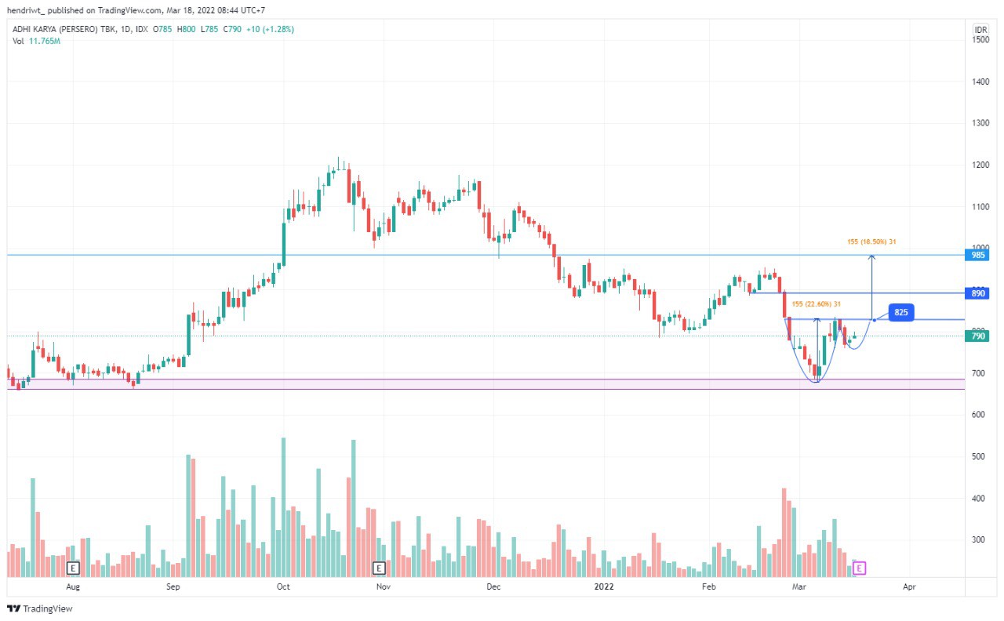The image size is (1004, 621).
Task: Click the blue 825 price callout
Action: point(901,312)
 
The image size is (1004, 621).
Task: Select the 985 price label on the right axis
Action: point(980,256)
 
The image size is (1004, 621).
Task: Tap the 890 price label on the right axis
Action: point(980,293)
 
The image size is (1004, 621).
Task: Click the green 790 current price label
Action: point(980,336)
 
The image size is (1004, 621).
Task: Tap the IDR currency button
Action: point(980,30)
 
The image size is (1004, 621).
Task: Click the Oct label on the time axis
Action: point(283,586)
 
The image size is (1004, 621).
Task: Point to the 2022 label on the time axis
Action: point(604,586)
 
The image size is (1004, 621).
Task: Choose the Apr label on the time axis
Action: point(909,586)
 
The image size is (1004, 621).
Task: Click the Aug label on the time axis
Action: point(73,586)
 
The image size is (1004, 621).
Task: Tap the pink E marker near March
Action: point(860,568)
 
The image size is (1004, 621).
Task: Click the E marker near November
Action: point(379,568)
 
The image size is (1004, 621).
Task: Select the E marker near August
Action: point(73,568)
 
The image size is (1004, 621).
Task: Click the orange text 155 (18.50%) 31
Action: point(871,242)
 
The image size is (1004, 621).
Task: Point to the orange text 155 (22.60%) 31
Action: point(817,304)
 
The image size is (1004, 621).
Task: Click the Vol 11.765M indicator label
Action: point(36,41)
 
